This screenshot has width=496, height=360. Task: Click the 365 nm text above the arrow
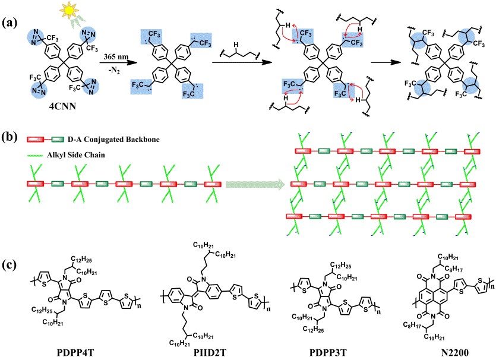click(x=111, y=54)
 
